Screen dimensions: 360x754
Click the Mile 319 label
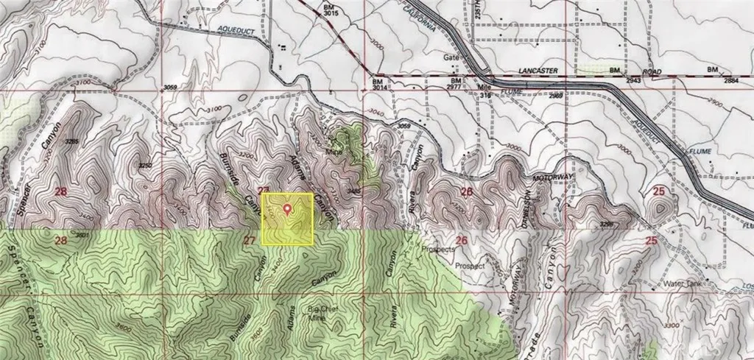click(x=465, y=91)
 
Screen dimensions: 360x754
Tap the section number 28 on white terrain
click(x=60, y=191)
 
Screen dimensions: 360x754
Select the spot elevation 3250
click(x=145, y=166)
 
